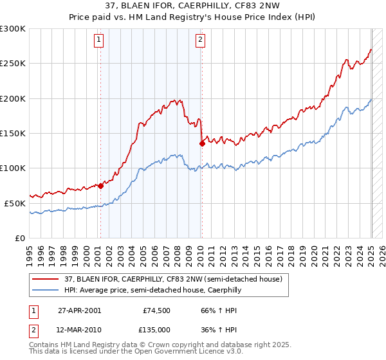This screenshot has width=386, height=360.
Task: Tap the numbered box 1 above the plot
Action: point(99,40)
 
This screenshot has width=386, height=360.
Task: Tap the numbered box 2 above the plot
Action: point(200,40)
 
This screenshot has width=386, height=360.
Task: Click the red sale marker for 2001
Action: point(100,186)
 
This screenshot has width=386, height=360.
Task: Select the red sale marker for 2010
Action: point(202,144)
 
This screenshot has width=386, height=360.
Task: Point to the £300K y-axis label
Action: point(13,29)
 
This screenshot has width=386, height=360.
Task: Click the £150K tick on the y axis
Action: point(13,133)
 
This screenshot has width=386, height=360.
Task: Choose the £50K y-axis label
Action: point(15,203)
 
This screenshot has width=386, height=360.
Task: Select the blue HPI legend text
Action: point(152,290)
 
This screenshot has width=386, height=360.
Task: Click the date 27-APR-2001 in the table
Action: point(79,310)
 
